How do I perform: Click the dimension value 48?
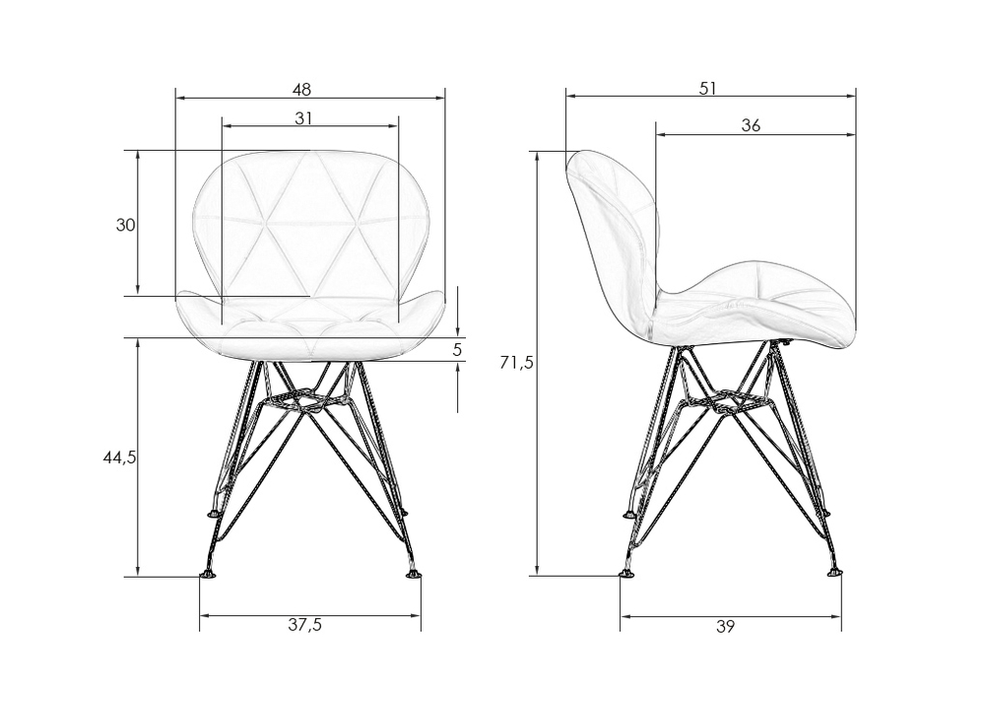point(301,90)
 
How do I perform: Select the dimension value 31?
point(303,117)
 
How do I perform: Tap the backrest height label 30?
point(126,225)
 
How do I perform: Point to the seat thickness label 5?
point(457,349)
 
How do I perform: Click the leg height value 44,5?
point(119,458)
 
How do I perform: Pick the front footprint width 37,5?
point(305,625)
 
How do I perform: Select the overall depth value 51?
point(708,89)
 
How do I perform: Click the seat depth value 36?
point(751,125)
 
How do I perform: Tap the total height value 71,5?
point(516,363)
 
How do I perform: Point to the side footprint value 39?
point(725,627)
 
